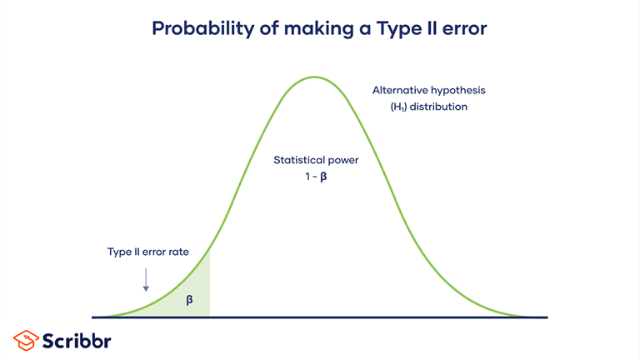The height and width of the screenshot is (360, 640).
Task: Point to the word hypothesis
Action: [x=456, y=90]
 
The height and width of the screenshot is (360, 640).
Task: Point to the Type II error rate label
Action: [x=145, y=252]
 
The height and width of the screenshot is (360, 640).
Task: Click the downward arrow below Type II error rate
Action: [x=146, y=279]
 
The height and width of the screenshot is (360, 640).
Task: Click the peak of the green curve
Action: [x=314, y=77]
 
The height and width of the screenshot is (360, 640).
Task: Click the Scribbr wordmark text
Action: [x=77, y=340]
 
